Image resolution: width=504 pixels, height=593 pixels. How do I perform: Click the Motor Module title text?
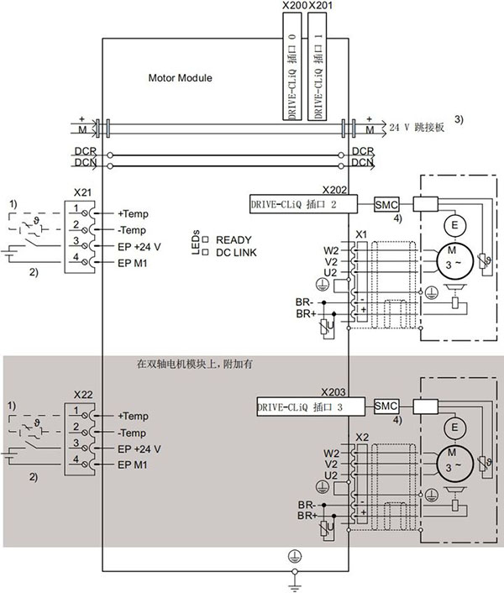coord(180,78)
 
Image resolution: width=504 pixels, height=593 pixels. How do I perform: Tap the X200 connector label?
coord(295,5)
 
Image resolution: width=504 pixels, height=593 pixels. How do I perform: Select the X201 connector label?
coord(321,5)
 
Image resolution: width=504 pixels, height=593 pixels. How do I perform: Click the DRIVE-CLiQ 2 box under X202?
coord(303,204)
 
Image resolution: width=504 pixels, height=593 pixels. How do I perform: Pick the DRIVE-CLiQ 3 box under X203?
coord(311,407)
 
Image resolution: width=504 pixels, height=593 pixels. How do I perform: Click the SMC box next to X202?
coord(386,205)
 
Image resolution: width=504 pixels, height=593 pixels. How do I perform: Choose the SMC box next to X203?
coord(386,407)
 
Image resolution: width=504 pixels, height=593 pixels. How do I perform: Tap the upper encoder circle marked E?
coord(454,225)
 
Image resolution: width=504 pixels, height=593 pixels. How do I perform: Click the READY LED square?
coord(205,239)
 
